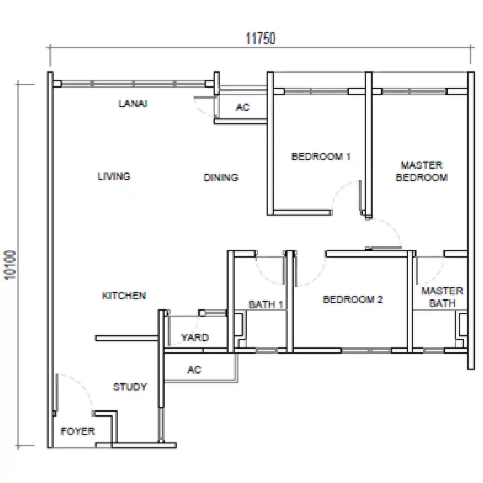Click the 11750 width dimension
(x=261, y=39)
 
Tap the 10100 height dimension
(x=11, y=265)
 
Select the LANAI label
(x=133, y=104)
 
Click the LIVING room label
(x=114, y=176)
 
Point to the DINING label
(x=221, y=177)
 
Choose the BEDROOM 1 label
(x=321, y=157)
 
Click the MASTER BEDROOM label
(x=422, y=171)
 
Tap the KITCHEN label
(x=124, y=296)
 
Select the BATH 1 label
(x=266, y=304)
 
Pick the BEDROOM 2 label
(x=353, y=299)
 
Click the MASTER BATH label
(x=442, y=297)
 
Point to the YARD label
(x=195, y=338)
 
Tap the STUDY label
(x=130, y=387)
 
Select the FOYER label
(x=78, y=431)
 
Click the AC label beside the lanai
(x=243, y=107)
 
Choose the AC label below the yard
(x=194, y=370)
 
